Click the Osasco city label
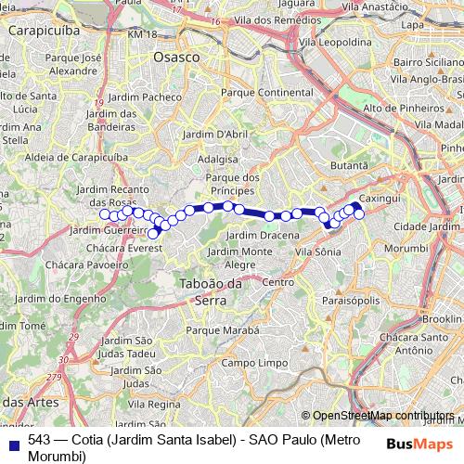[x=177, y=57]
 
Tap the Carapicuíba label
[x=41, y=30]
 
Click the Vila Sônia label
[x=322, y=251]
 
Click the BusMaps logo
[x=420, y=444]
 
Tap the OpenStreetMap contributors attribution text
[x=383, y=415]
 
